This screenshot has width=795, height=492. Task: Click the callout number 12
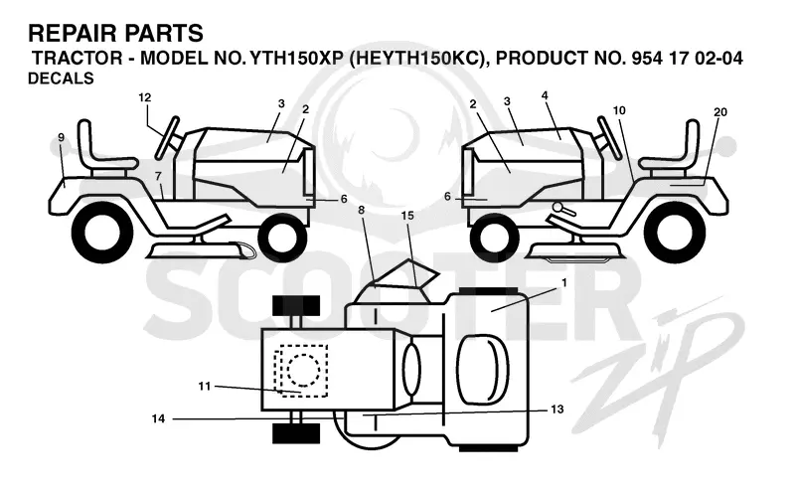144,97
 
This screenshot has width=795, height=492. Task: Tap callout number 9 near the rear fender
62,137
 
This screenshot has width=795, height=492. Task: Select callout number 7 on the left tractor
158,176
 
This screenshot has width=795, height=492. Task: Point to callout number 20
719,112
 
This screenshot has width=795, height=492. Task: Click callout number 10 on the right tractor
619,110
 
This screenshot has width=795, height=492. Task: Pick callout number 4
545,95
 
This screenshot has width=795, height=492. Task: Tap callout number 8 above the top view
361,210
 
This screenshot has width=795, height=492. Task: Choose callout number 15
407,216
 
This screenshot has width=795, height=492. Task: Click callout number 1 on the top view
564,282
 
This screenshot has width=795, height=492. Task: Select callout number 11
204,387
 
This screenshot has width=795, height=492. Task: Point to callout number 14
158,418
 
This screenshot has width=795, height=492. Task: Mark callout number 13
556,409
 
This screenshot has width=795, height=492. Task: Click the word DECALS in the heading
61,79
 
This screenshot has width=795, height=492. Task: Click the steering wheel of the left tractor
168,137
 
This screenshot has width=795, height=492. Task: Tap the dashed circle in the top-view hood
303,369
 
